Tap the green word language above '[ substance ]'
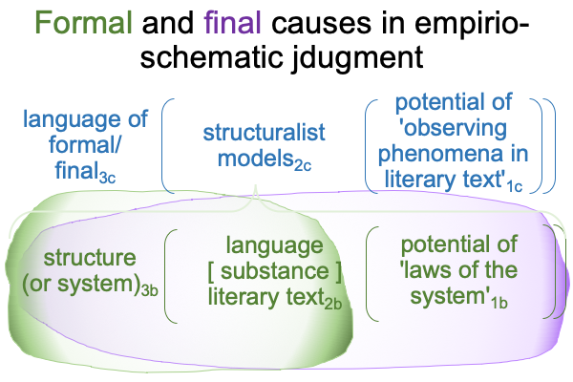click(274, 246)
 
